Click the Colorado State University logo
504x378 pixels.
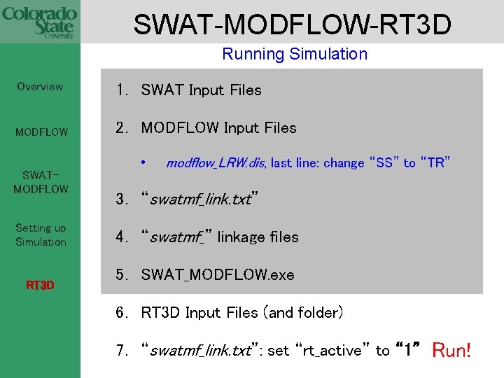click(x=39, y=23)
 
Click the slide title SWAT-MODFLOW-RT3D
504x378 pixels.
click(x=292, y=24)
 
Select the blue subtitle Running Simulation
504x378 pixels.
click(x=294, y=54)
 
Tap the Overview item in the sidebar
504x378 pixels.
click(x=40, y=87)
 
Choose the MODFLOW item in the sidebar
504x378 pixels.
click(x=42, y=132)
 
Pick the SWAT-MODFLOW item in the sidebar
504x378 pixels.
click(x=41, y=182)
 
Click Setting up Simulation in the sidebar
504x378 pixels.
click(x=41, y=234)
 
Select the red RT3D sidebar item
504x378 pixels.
click(x=41, y=285)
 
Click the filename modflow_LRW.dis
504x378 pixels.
click(x=216, y=163)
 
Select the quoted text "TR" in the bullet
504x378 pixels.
click(x=435, y=163)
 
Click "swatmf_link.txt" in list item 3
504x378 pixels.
click(x=200, y=199)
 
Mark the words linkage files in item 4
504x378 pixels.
click(x=258, y=237)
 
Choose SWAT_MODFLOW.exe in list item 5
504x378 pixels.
click(x=217, y=275)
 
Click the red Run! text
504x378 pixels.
click(x=452, y=349)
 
